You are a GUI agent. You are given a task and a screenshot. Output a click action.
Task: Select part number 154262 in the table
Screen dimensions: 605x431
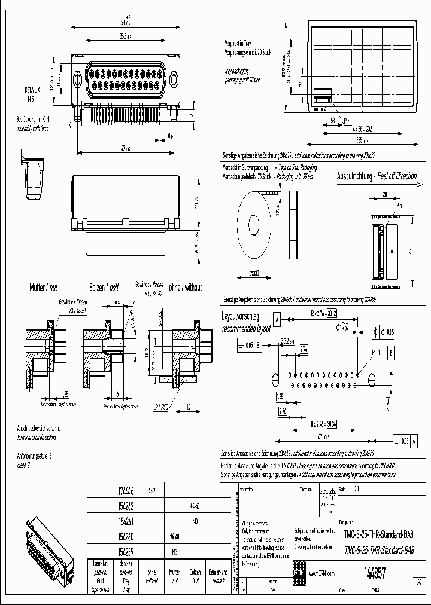pyautogui.click(x=124, y=505)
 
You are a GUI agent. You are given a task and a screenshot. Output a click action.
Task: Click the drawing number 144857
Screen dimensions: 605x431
pyautogui.click(x=372, y=573)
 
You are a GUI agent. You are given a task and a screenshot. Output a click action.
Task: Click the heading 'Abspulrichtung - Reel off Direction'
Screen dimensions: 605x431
pyautogui.click(x=377, y=177)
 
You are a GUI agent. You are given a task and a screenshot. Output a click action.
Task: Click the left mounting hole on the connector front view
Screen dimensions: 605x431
pyautogui.click(x=77, y=79)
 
